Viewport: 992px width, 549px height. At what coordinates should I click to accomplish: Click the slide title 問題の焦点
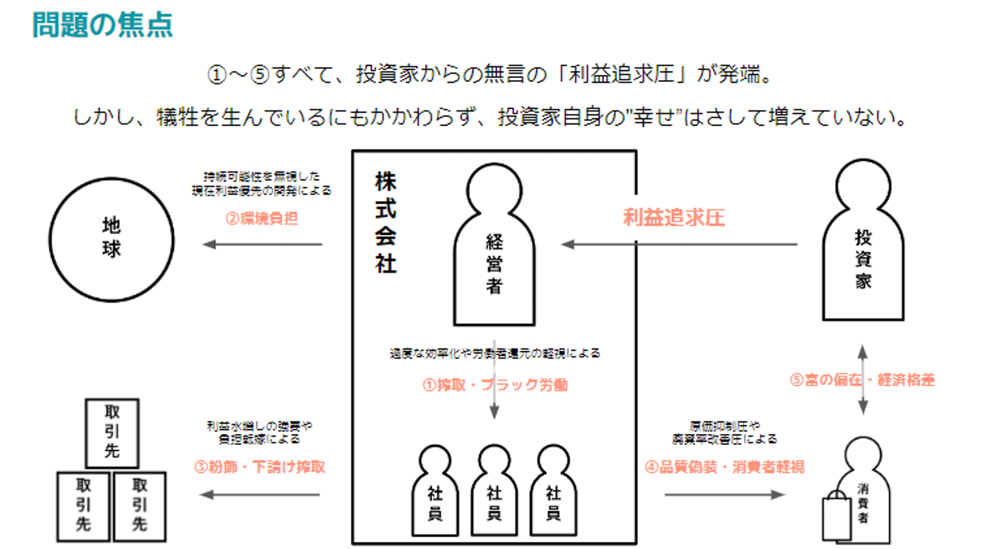[x=103, y=25]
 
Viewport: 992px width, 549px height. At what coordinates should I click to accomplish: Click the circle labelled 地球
[x=111, y=238]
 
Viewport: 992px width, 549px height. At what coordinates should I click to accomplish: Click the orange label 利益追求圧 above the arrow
[x=674, y=218]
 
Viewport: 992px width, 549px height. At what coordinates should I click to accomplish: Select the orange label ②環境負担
[x=262, y=219]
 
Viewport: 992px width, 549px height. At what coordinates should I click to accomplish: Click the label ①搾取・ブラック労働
[x=495, y=385]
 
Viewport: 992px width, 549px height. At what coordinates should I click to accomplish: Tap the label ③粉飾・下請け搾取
[x=260, y=466]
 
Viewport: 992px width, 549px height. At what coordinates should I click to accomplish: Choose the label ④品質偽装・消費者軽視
[x=724, y=466]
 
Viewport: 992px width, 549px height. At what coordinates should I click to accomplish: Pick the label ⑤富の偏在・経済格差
[x=862, y=380]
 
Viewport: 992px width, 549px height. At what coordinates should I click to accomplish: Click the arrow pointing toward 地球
[x=262, y=244]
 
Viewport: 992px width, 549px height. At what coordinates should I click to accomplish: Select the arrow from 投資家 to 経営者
[x=679, y=244]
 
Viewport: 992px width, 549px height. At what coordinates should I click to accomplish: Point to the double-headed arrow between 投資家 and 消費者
[x=862, y=380]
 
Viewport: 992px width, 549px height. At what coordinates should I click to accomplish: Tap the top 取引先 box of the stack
[x=112, y=432]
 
